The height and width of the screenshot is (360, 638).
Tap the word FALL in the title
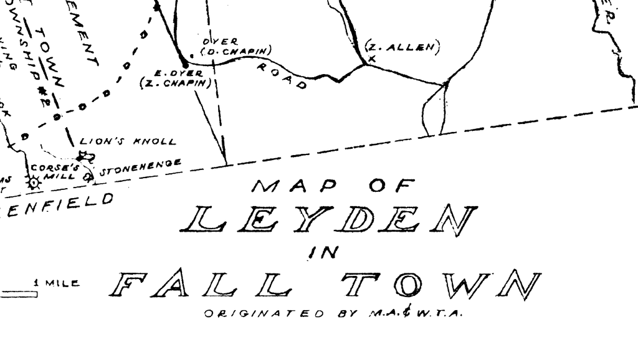click(200, 285)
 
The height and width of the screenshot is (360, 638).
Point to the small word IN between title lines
click(323, 252)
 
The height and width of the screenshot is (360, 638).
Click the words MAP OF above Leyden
click(333, 185)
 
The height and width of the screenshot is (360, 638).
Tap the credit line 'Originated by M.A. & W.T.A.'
click(333, 313)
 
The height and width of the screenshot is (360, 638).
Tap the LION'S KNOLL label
click(128, 141)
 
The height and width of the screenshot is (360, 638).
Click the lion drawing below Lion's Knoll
click(84, 156)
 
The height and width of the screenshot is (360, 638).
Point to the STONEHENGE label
click(140, 166)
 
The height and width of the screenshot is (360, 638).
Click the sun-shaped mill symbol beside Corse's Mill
click(33, 182)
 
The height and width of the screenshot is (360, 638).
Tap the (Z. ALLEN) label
click(402, 47)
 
